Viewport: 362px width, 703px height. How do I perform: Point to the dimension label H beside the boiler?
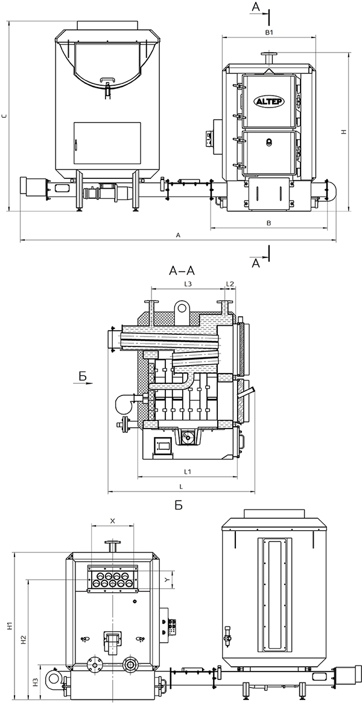pos(343,131)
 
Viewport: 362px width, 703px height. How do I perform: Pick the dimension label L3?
pos(188,283)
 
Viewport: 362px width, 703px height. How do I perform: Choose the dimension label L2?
pos(229,283)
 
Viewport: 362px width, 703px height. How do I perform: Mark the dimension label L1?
pos(187,470)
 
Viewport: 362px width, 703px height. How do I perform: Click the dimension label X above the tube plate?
pos(112,520)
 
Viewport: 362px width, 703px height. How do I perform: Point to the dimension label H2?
pos(22,638)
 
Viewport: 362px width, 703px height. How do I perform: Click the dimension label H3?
pos(36,682)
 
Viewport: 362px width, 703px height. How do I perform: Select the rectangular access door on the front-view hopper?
pos(107,143)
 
